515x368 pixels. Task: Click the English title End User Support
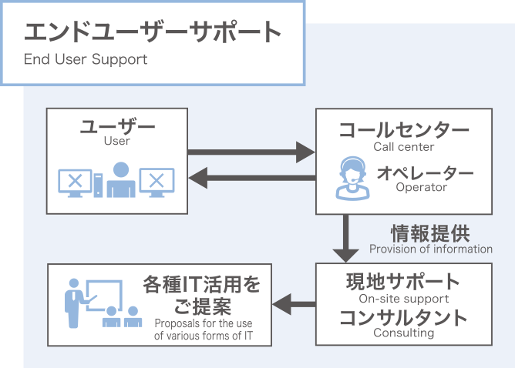click(x=86, y=60)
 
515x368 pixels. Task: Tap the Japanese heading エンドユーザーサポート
click(x=153, y=32)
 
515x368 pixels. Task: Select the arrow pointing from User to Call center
click(x=251, y=152)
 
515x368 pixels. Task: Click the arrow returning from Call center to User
click(x=252, y=178)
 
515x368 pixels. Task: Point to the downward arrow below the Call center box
click(x=345, y=239)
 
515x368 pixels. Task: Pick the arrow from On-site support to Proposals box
click(x=294, y=304)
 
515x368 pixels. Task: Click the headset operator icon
click(x=352, y=178)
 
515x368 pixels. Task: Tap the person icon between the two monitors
click(x=121, y=179)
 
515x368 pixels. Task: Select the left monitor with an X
click(x=76, y=182)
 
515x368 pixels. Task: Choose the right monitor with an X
click(x=157, y=182)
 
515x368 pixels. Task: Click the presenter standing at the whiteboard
click(x=75, y=303)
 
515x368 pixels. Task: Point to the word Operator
click(x=422, y=187)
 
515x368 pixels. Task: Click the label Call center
click(x=404, y=146)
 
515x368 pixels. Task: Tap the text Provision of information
click(x=431, y=249)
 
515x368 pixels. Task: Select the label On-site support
click(x=404, y=299)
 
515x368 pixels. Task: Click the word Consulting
click(x=404, y=333)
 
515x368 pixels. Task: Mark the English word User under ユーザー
click(x=117, y=141)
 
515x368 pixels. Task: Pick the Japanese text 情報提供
click(x=430, y=233)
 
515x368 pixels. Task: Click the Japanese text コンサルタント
click(x=404, y=317)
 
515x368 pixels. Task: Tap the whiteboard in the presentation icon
click(x=104, y=295)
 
